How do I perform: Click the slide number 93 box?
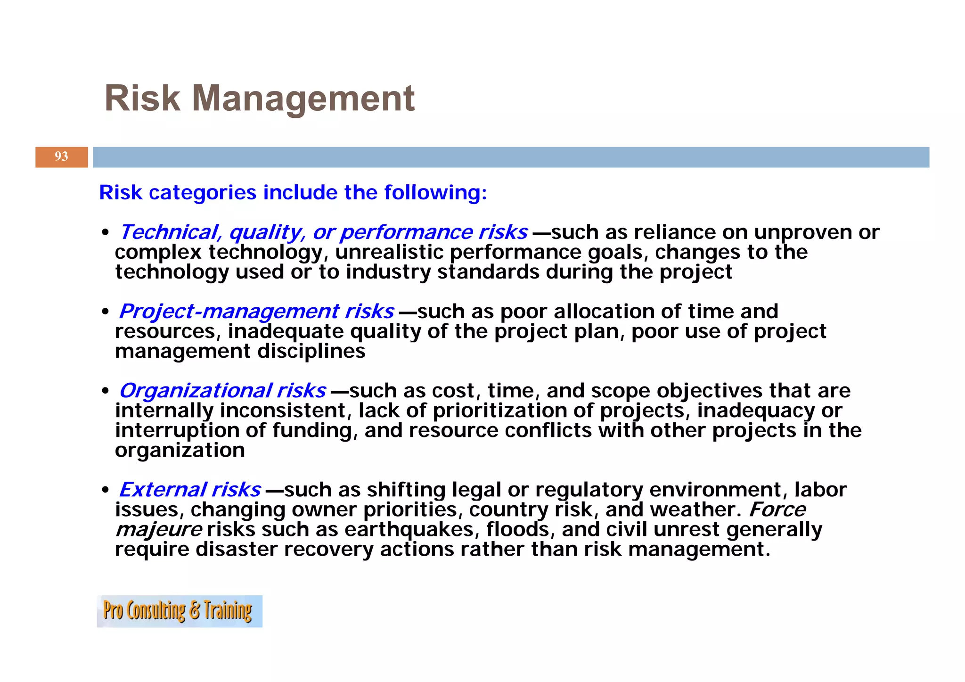pyautogui.click(x=61, y=157)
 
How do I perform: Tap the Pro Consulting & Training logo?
pyautogui.click(x=179, y=611)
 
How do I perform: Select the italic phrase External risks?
pyautogui.click(x=189, y=490)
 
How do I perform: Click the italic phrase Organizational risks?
pyautogui.click(x=222, y=391)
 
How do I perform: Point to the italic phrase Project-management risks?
pyautogui.click(x=256, y=312)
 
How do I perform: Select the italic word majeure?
pyautogui.click(x=159, y=530)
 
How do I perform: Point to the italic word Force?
pyautogui.click(x=777, y=509)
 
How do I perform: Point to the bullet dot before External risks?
pyautogui.click(x=105, y=491)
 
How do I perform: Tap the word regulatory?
pyautogui.click(x=589, y=490)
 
